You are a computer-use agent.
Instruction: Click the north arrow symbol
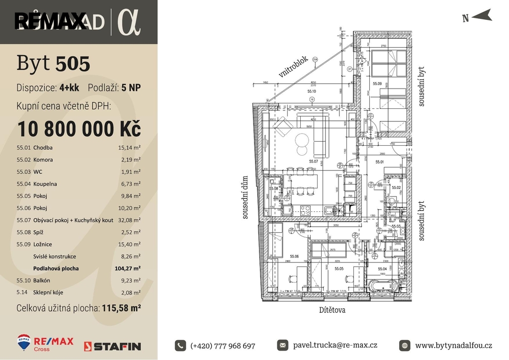coord(481,17)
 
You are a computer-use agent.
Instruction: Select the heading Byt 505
coord(53,64)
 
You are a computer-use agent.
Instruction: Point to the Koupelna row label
coord(45,184)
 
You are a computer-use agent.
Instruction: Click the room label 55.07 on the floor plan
coord(313,162)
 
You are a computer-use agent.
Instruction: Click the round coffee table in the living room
coord(302,140)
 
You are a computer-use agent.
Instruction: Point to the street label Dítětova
coord(332,310)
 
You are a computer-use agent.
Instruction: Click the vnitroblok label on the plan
coord(294,67)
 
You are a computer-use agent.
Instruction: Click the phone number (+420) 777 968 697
coord(222,346)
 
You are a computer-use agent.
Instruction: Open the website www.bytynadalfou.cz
coord(453,346)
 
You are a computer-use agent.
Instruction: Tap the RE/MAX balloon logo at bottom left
coord(23,342)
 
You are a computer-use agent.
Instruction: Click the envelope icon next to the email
coord(282,345)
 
